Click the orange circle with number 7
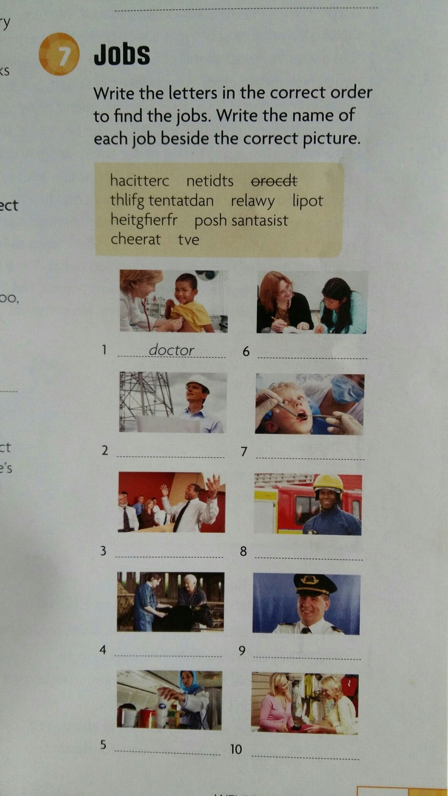point(59,54)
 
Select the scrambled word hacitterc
point(140,180)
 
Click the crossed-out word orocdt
point(274,180)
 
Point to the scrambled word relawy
point(253,201)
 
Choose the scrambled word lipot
point(308,201)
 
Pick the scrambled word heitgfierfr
point(144,220)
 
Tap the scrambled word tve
point(189,239)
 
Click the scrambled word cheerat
point(135,239)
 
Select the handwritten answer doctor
point(171,350)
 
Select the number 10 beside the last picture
point(236,749)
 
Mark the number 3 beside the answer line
point(103,551)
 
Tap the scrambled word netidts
point(210,180)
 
